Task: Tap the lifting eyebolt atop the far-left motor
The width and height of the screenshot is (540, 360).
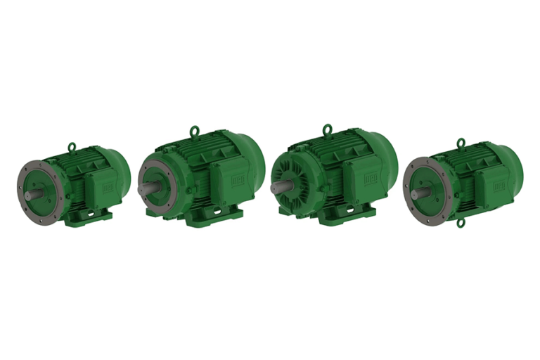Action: [x=72, y=146]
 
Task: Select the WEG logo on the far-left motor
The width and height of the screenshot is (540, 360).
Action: [x=108, y=188]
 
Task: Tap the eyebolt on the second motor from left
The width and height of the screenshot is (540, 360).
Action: [x=194, y=130]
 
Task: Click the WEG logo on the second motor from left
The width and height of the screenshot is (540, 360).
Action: [x=240, y=180]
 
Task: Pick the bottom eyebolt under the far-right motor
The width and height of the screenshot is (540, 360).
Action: [x=461, y=223]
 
